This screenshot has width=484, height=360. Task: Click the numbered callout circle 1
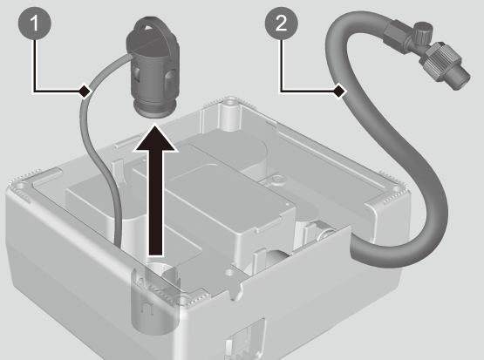click(35, 24)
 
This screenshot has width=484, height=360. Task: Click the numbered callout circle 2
click(281, 24)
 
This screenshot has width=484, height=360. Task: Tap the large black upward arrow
click(155, 190)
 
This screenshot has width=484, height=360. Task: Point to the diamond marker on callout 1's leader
click(85, 91)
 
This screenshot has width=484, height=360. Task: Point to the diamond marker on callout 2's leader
click(339, 91)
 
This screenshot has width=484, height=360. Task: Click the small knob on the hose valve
click(423, 31)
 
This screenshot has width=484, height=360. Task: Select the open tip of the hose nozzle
click(462, 81)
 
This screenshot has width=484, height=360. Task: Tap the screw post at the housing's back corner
click(229, 112)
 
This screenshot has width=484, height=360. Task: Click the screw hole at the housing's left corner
click(20, 186)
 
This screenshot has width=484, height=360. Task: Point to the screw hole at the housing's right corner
click(395, 187)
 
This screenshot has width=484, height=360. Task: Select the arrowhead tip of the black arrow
click(155, 124)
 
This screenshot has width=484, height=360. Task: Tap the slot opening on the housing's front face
click(245, 339)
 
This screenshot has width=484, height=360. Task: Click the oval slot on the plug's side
click(171, 78)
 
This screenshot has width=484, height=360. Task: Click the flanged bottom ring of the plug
click(154, 109)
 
